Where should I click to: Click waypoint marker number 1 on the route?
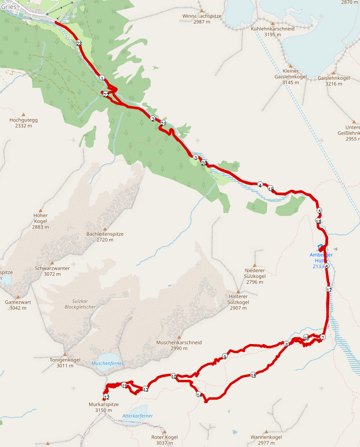pos(102,78)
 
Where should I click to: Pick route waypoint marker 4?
pos(260,185)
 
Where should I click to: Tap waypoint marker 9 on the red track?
pos(225,357)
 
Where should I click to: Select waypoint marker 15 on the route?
pos(253,375)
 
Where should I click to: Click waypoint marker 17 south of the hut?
pos(329,290)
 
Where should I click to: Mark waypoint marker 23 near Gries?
pos(79,43)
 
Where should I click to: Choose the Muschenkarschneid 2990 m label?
pos(179,345)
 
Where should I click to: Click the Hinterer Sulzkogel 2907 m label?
pos(238,302)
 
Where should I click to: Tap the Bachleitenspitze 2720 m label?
pos(105,237)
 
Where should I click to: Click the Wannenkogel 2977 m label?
pos(266,440)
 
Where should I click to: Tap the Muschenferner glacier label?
pos(108,363)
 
